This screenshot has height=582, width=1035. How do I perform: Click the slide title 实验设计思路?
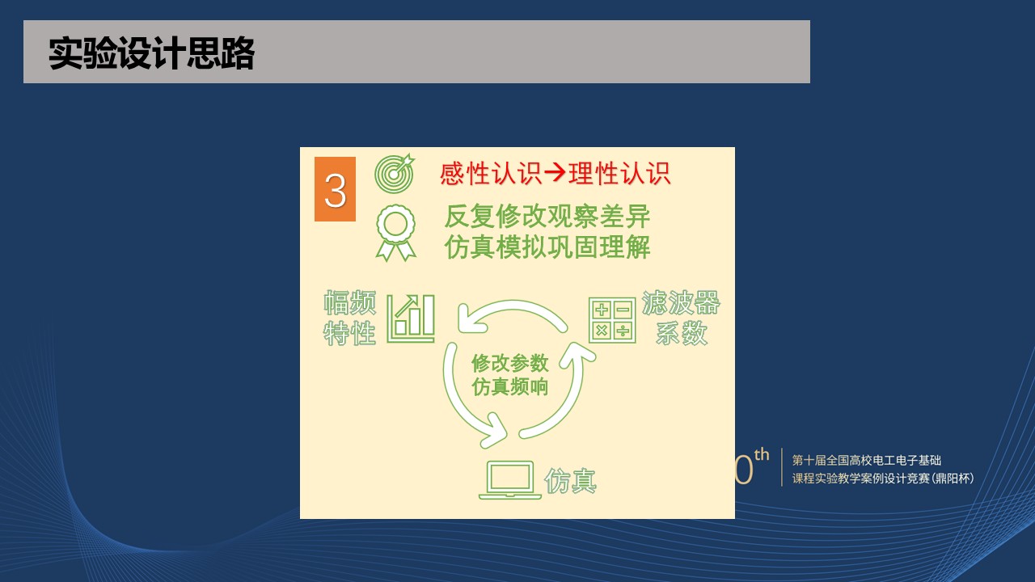coord(151,53)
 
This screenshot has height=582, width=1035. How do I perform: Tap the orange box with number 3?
coord(335,189)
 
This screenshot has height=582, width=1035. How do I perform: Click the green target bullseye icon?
coord(395,173)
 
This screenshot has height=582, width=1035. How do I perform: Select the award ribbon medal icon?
coord(396,233)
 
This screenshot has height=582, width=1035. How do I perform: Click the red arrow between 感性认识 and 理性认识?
coord(555,173)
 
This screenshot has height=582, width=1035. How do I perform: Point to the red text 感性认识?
coord(491,174)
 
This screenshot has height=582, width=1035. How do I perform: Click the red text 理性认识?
coord(619,174)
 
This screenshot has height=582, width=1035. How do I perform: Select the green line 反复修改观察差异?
coord(547,216)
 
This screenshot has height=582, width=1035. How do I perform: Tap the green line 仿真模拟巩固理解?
coord(547,247)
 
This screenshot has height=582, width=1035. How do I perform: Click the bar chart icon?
coord(411,318)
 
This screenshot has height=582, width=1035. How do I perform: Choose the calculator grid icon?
coord(612,320)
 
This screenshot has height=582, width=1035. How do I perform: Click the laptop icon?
coord(510,480)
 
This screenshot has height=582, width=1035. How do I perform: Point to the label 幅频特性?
coord(350,318)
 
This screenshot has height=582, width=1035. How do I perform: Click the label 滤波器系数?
coord(681,318)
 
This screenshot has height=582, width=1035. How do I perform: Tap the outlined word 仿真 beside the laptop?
coord(571,481)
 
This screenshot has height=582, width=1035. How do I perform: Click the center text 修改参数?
coord(510,363)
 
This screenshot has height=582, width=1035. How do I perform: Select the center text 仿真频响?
coord(510,386)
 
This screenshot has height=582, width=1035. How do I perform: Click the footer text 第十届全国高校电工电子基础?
coord(867,460)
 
